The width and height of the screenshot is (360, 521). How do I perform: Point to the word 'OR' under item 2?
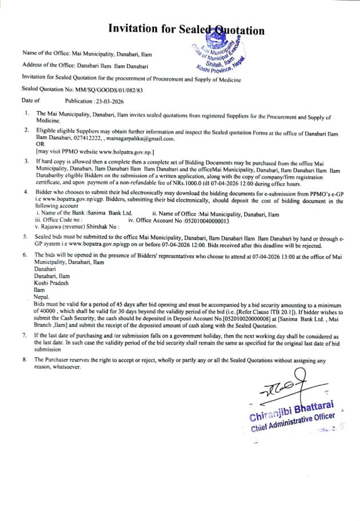click(39, 145)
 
